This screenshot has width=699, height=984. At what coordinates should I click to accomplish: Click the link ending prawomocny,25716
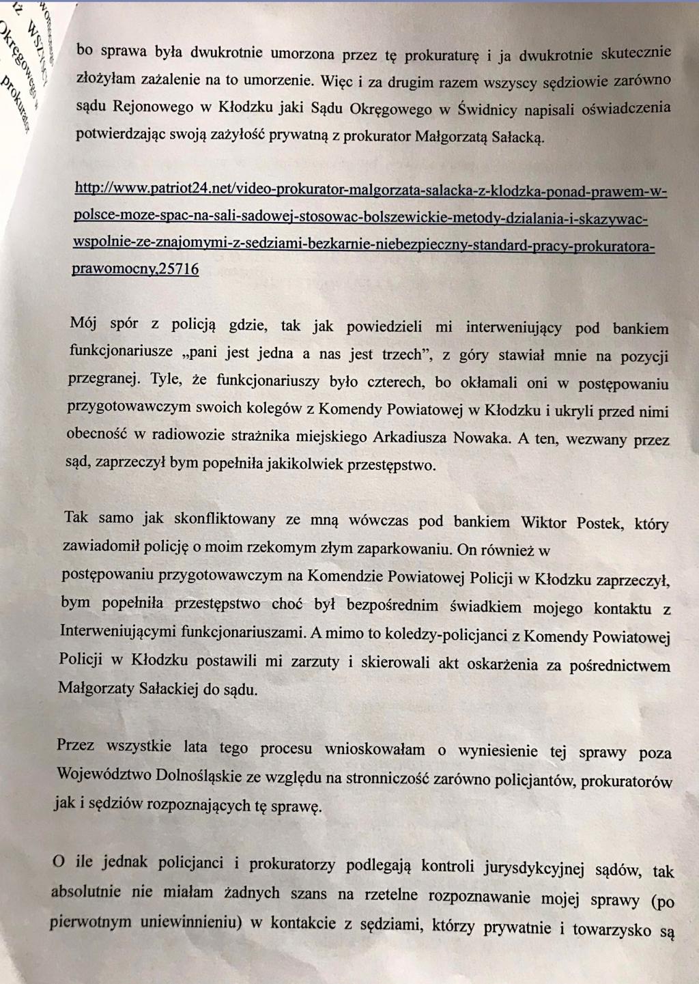(x=135, y=269)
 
